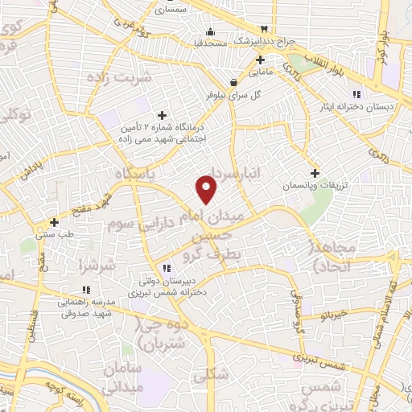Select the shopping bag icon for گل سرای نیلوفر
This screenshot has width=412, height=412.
point(233,81)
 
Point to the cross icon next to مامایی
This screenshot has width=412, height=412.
point(260,60)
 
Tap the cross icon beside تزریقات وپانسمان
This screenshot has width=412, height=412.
point(315,173)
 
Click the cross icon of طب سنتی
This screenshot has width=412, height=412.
point(54,222)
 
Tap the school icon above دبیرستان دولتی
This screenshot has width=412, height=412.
point(166,268)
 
